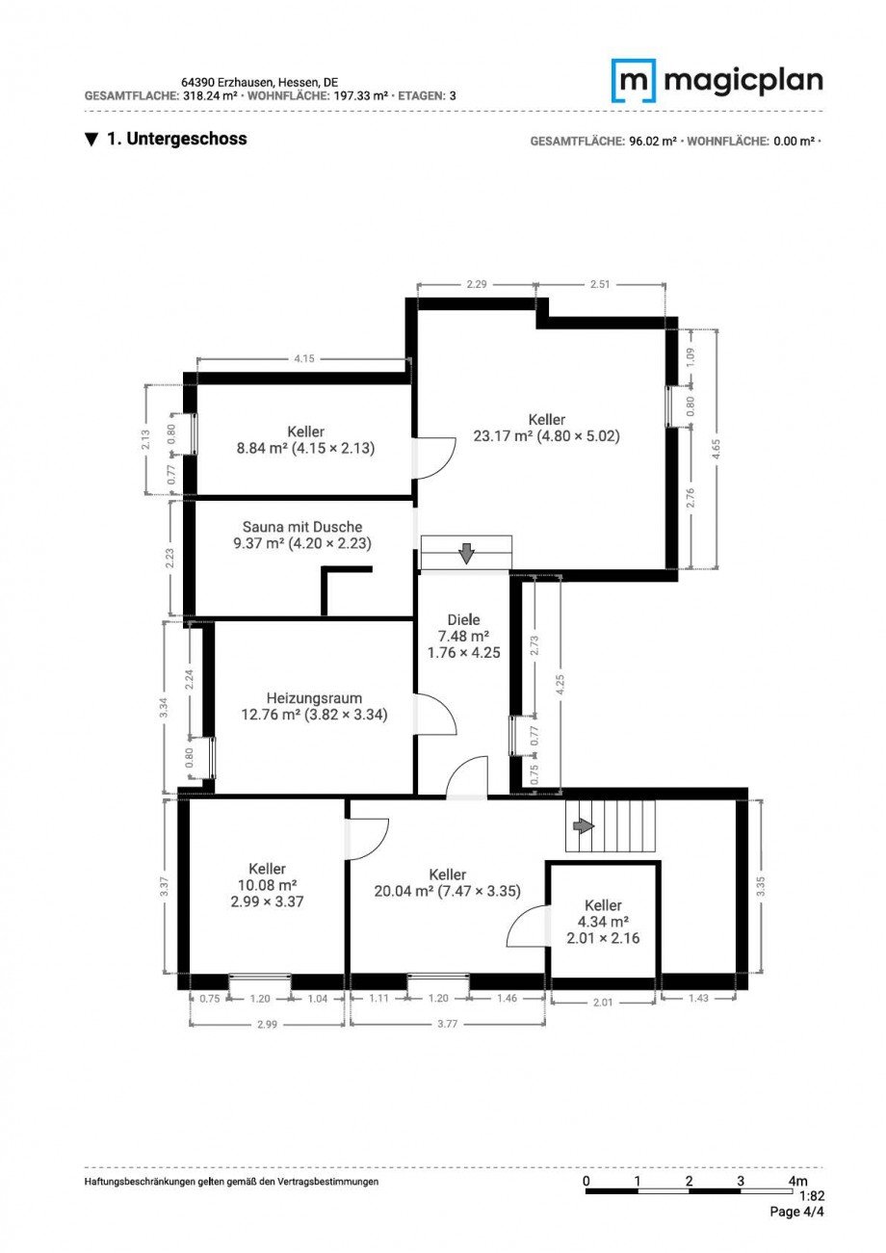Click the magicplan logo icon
634,81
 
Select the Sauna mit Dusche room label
302,535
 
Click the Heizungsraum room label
314,706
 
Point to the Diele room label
463,636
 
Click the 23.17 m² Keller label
546,428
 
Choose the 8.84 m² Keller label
305,439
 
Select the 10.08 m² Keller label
267,885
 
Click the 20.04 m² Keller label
448,882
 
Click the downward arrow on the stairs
466,553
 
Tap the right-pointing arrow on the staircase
583,826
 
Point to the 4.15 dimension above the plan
303,359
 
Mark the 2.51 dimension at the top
601,285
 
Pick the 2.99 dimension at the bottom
267,1025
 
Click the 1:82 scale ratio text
811,1196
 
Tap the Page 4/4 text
796,1213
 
